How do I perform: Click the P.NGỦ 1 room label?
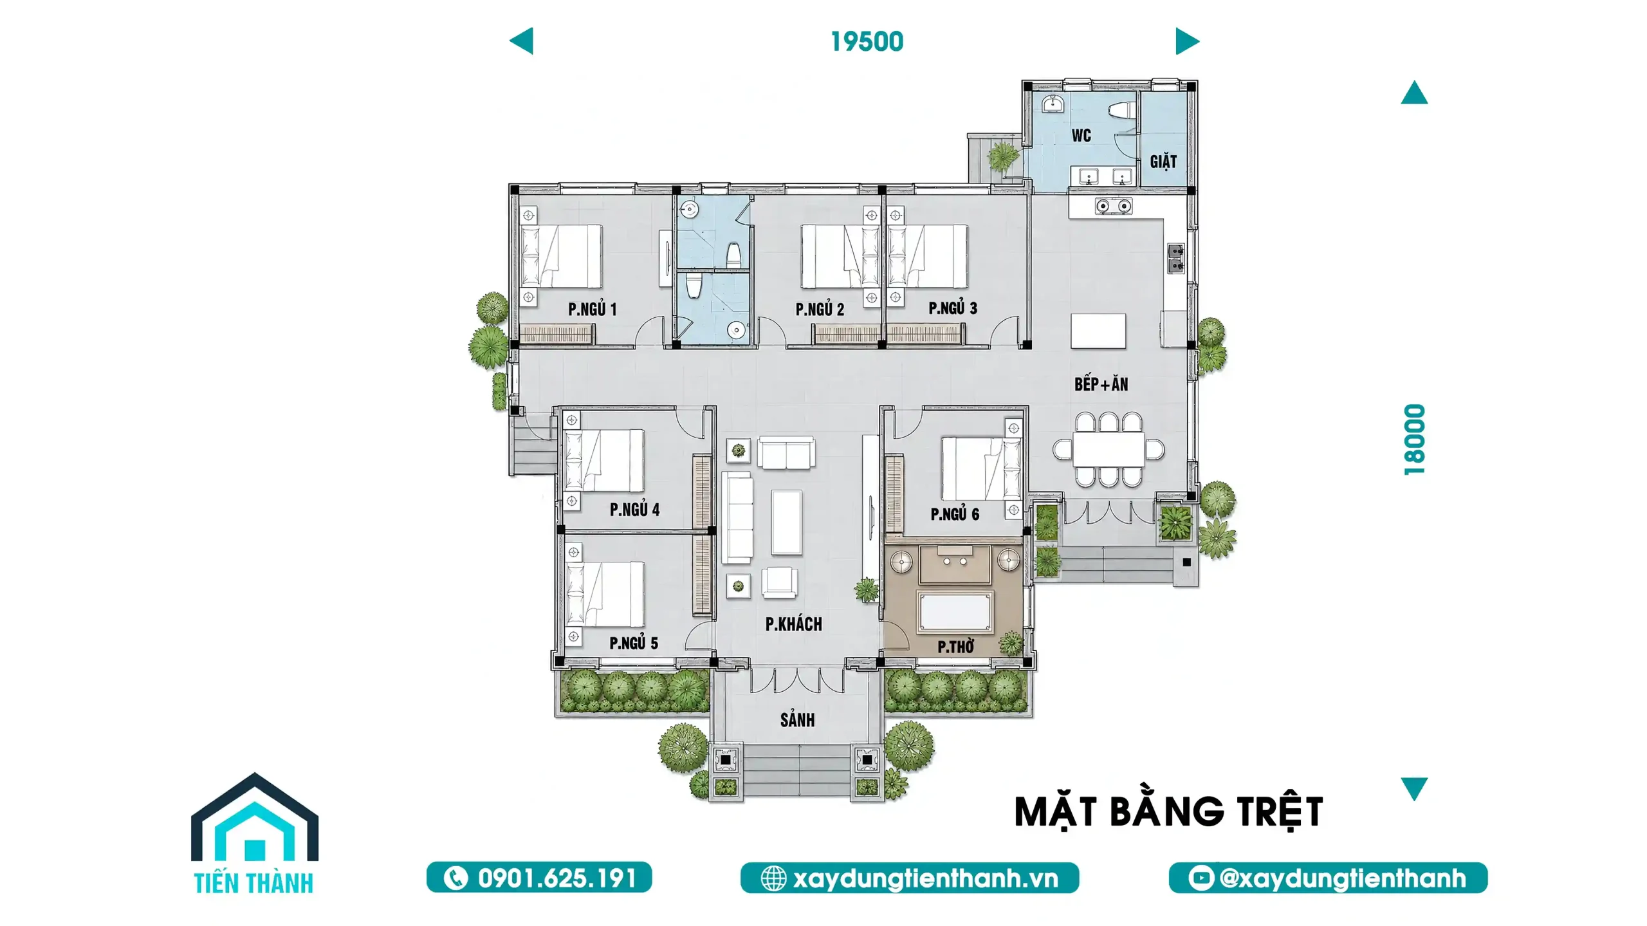click(x=592, y=310)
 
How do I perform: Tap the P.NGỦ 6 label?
click(x=955, y=514)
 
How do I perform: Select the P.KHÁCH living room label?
click(x=793, y=624)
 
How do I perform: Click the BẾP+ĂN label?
click(x=1101, y=384)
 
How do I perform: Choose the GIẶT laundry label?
click(x=1163, y=161)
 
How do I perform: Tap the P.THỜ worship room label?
click(x=955, y=646)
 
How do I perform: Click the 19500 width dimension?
click(x=867, y=42)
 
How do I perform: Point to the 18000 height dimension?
click(x=1414, y=440)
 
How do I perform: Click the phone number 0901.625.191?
click(x=557, y=878)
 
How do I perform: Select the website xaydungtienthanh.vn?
click(x=925, y=878)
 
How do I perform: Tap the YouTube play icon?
click(x=1201, y=878)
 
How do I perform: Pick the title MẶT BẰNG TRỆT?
click(x=1168, y=811)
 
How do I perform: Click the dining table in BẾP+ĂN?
click(x=1109, y=449)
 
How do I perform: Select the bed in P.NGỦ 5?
click(x=604, y=594)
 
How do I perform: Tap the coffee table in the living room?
click(x=786, y=522)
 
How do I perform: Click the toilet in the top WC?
click(x=1123, y=110)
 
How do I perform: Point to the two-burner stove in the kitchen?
click(x=1114, y=206)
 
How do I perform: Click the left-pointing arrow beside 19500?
click(x=521, y=41)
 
